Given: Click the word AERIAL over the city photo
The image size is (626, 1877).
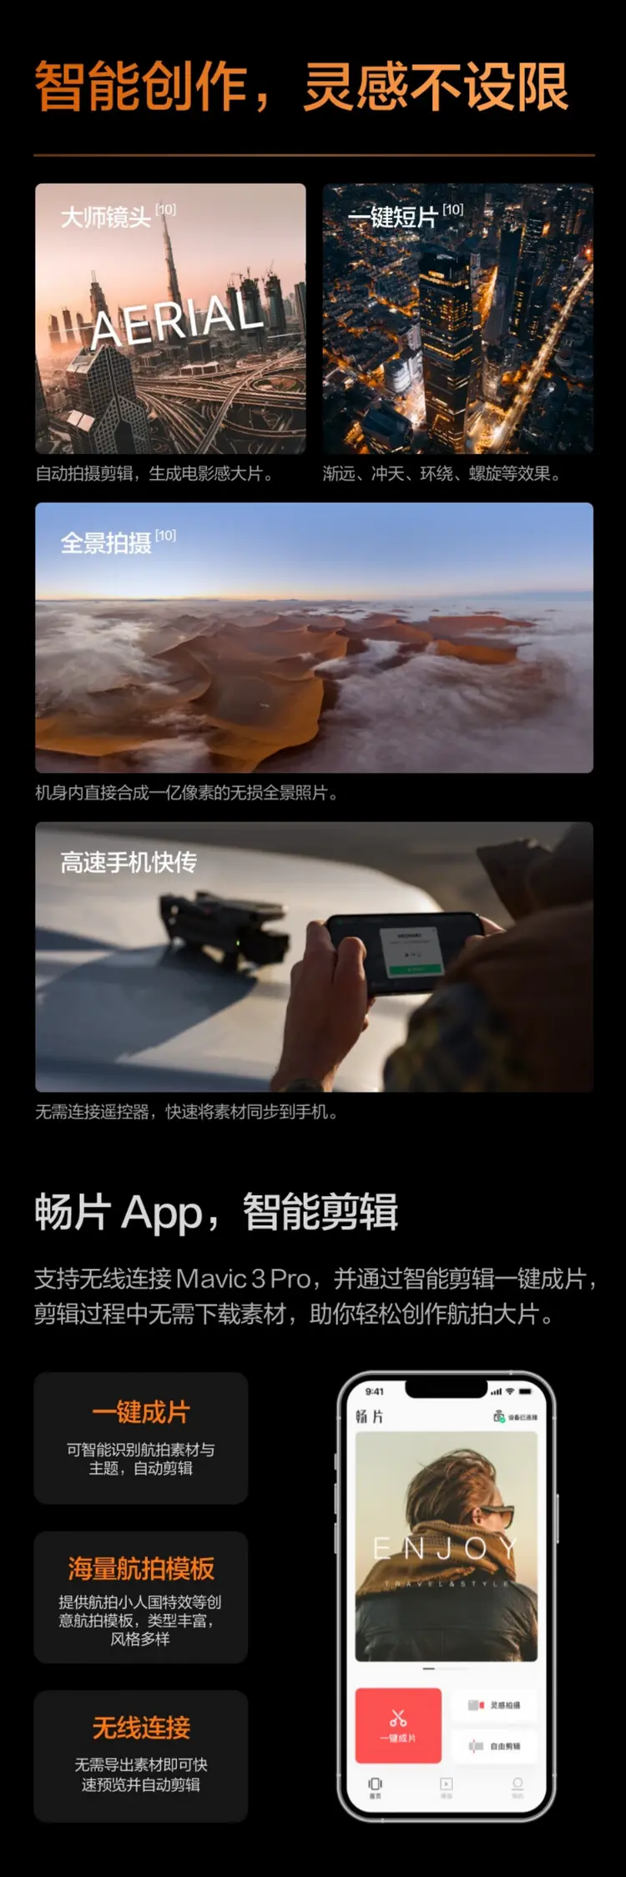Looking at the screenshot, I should [x=176, y=317].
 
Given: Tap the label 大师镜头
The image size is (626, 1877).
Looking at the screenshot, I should [x=106, y=218].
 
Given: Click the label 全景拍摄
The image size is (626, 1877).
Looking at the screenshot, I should [x=106, y=543].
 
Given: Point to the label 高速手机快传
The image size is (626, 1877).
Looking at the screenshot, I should [x=129, y=862].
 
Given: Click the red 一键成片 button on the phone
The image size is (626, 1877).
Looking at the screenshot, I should [x=398, y=1725].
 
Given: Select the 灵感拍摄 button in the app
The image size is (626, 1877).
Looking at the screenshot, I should [x=495, y=1705].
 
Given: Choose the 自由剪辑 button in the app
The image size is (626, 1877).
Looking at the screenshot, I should [x=495, y=1746].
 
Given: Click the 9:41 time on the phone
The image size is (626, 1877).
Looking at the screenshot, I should [x=375, y=1391].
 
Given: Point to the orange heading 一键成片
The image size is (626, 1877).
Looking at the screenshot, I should [x=141, y=1412].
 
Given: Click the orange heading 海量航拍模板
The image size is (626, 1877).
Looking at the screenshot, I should [x=141, y=1569].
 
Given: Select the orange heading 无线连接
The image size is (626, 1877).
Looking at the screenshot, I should [x=141, y=1728].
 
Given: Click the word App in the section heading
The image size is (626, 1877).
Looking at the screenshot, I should [x=162, y=1213].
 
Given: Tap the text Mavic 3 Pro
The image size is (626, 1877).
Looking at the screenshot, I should [x=244, y=1279].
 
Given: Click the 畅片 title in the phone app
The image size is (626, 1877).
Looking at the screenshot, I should [x=369, y=1416].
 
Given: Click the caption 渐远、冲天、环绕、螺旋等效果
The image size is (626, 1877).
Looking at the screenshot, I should [x=442, y=474].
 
